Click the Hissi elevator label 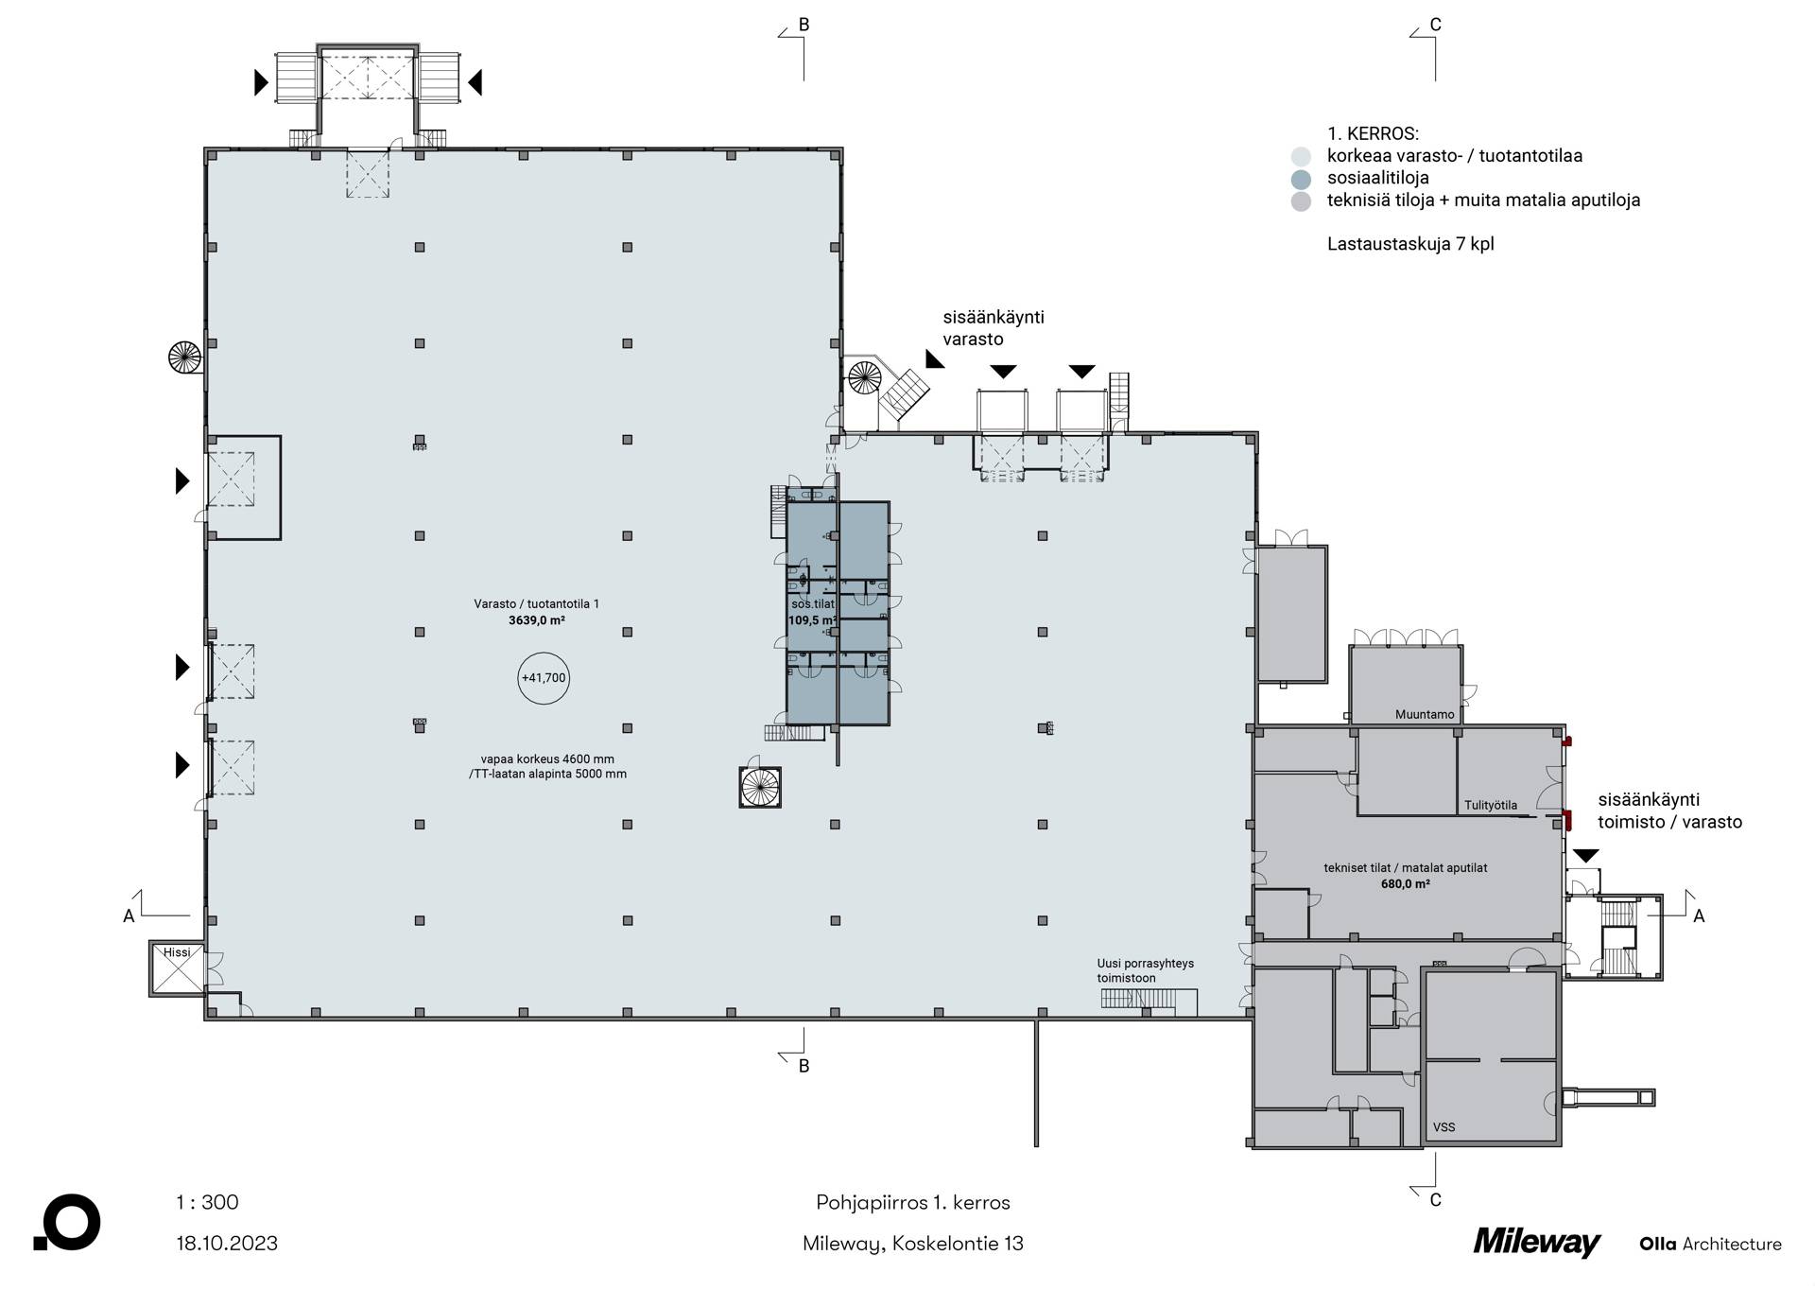click(177, 952)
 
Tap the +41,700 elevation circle click(544, 678)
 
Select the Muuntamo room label click(1425, 715)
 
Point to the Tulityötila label click(1491, 806)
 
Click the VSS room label click(1443, 1127)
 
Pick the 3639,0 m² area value click(537, 621)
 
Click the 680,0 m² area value click(1406, 884)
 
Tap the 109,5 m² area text click(813, 621)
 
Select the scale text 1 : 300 click(207, 1202)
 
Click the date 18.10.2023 click(227, 1243)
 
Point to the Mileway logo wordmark click(1537, 1243)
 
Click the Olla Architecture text click(1711, 1245)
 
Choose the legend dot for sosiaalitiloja click(1302, 179)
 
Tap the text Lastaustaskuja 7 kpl click(1410, 244)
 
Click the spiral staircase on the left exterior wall click(185, 357)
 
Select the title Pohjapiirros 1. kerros click(913, 1203)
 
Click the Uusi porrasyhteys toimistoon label click(1145, 970)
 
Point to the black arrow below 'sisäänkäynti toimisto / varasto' click(1585, 856)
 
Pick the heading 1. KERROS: click(1373, 134)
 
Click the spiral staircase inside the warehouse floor click(760, 787)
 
